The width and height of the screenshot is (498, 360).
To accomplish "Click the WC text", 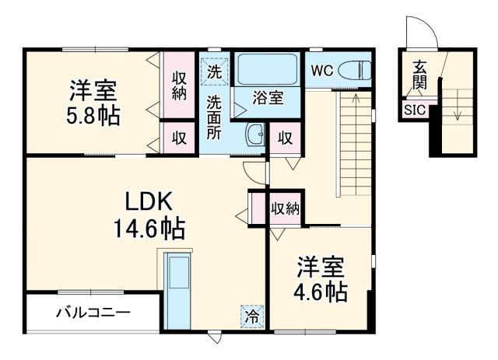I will [x=322, y=71].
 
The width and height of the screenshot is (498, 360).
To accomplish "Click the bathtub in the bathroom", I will [x=267, y=71].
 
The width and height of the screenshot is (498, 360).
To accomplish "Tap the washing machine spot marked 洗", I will [x=214, y=71].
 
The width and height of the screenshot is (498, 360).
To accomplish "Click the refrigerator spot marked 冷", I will [x=251, y=316].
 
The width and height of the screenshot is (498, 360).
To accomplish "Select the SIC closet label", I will [x=414, y=110].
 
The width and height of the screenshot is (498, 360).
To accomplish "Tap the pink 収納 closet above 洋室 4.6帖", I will [x=285, y=208].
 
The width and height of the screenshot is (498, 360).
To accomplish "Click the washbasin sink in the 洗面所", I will [x=256, y=135].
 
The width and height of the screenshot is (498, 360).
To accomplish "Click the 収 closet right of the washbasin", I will [x=285, y=138].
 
